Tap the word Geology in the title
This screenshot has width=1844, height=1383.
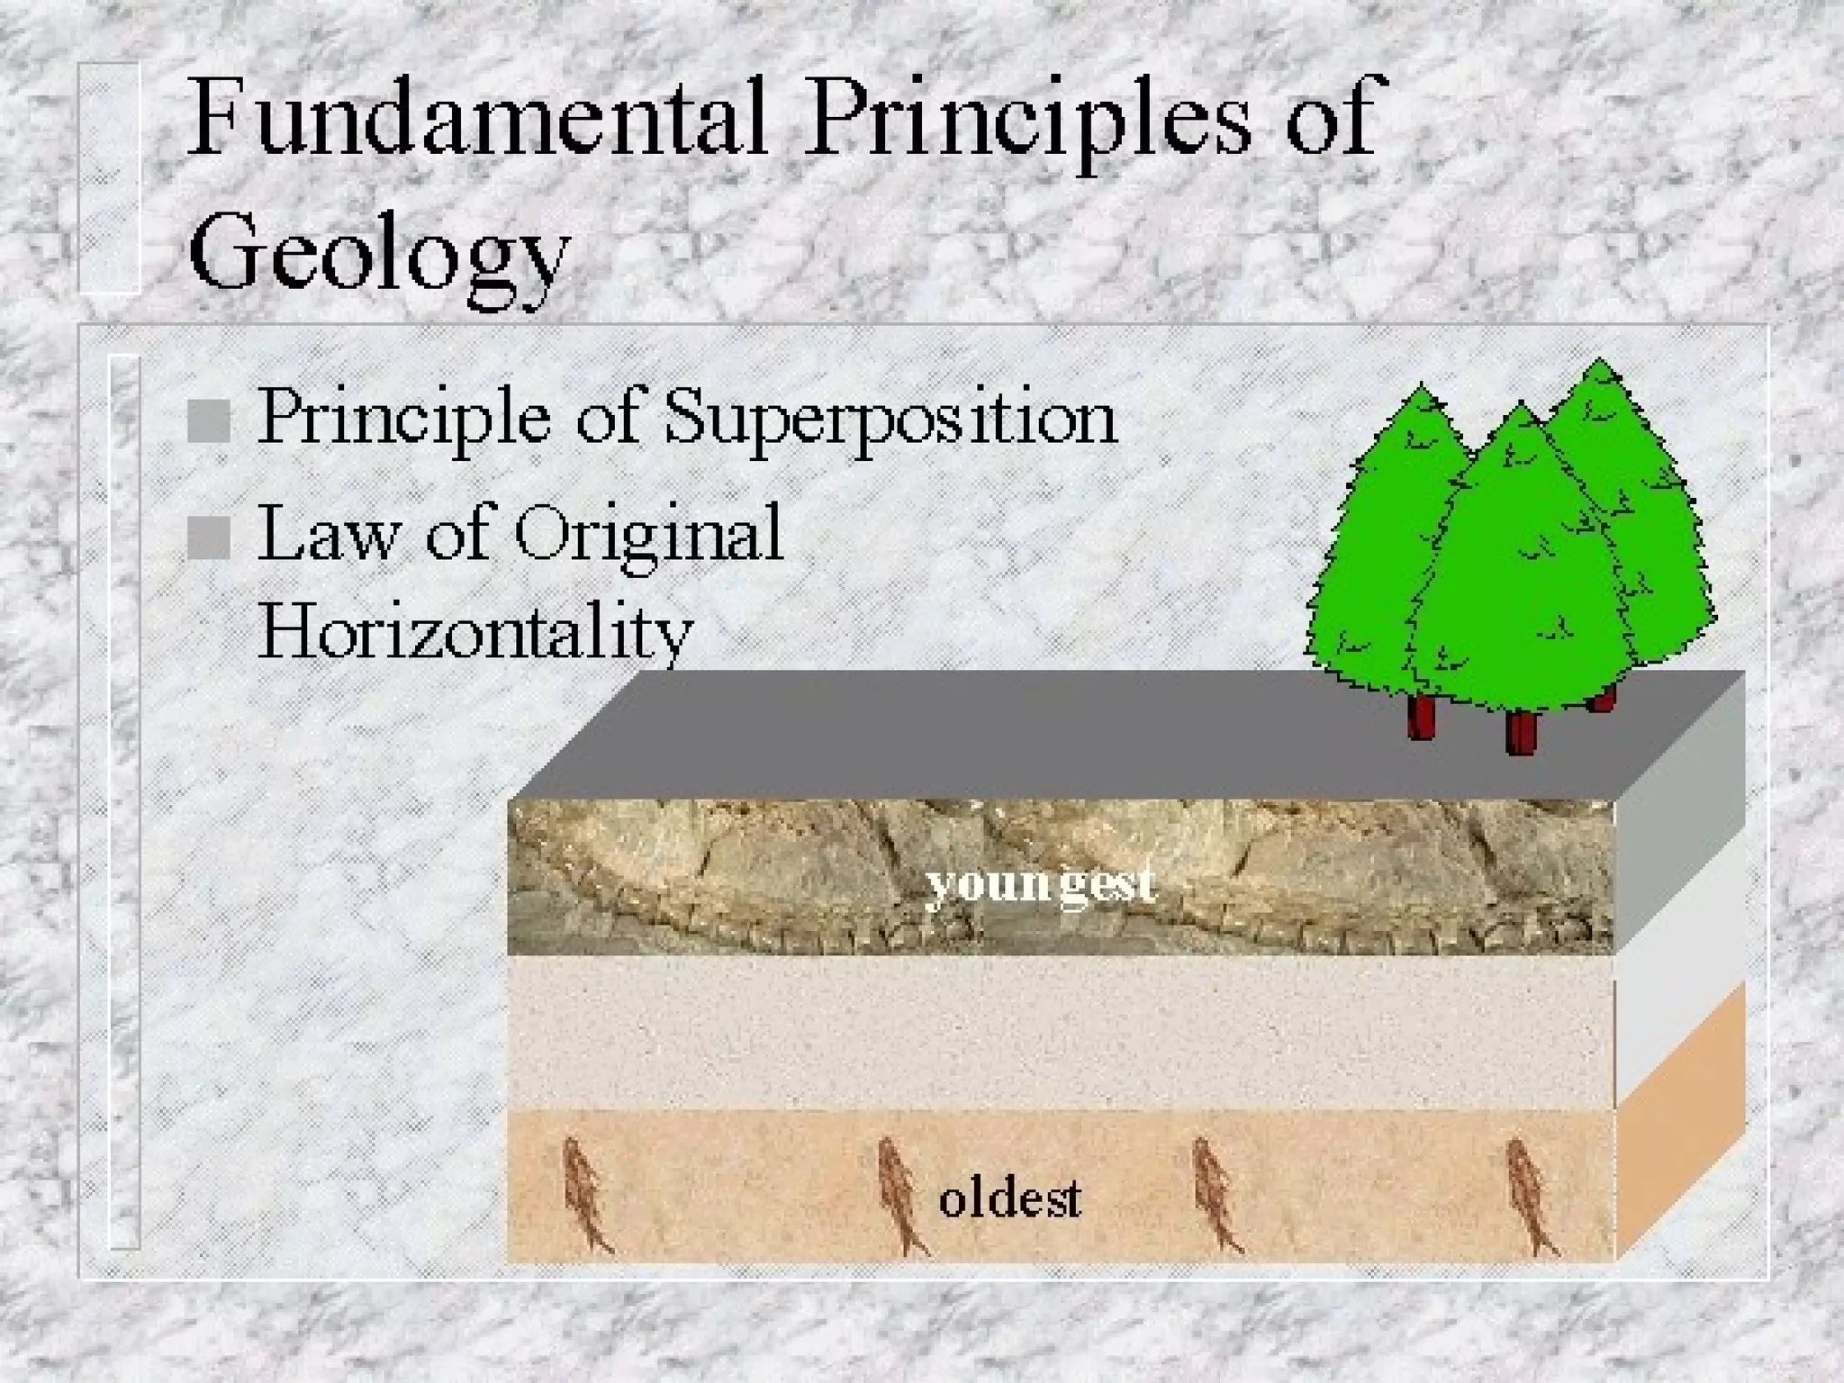pos(378,252)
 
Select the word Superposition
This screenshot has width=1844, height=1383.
pos(891,419)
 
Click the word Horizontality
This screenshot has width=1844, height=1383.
pos(475,630)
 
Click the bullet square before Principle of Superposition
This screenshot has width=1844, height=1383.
pos(209,420)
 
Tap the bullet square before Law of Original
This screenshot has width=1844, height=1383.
pos(209,538)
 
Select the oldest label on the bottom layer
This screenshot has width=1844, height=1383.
pos(1009,1199)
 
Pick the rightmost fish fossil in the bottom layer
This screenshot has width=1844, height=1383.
pos(1530,1197)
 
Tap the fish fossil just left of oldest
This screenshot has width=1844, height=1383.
pos(899,1196)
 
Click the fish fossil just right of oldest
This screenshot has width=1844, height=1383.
pos(1215,1196)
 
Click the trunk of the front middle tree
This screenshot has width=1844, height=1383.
pos(1521,731)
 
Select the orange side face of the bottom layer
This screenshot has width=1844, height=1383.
pos(1680,1125)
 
